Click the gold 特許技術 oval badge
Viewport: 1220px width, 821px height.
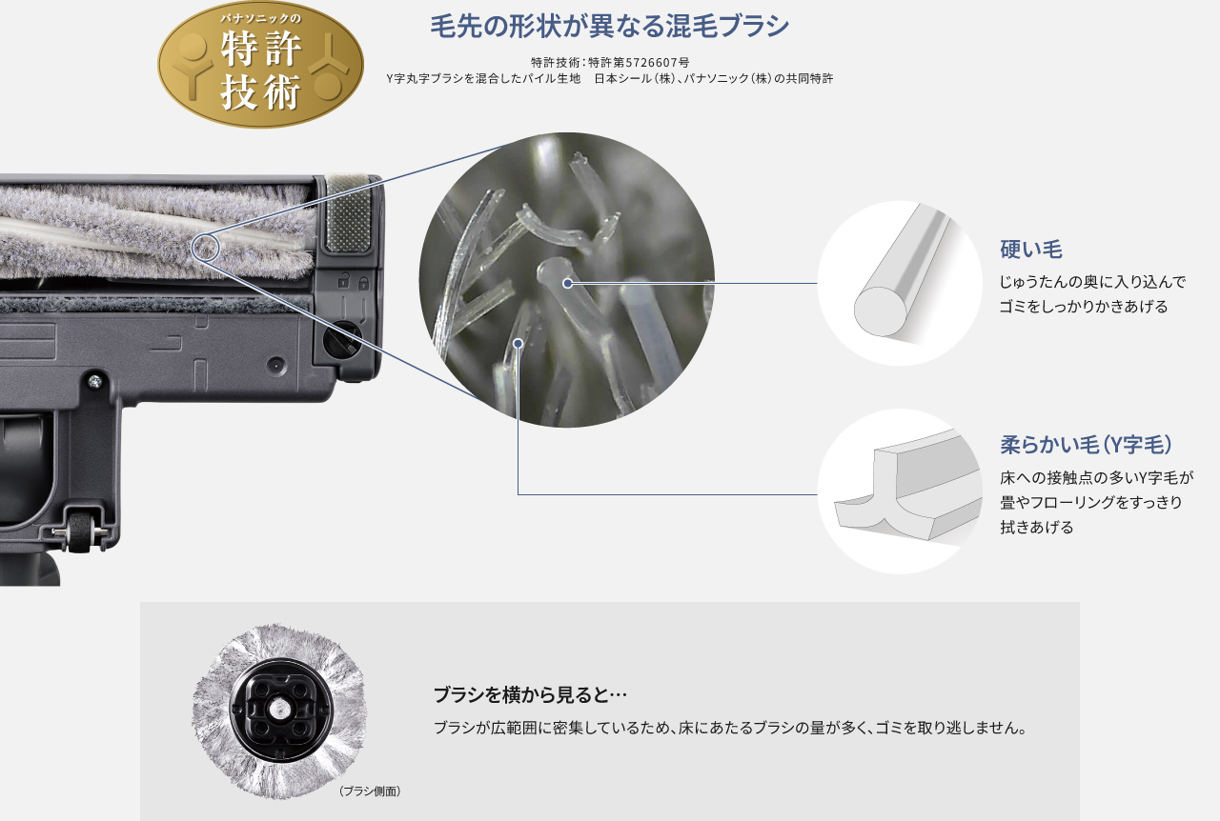260,65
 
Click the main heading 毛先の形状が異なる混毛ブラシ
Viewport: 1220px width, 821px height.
609,27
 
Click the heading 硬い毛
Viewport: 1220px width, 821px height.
1030,250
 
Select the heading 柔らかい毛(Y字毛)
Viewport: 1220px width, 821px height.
1086,445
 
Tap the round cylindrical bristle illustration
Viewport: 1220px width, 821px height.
900,283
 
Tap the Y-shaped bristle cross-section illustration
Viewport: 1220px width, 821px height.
900,491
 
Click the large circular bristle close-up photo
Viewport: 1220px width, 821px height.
566,279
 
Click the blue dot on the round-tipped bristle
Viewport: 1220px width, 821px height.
567,283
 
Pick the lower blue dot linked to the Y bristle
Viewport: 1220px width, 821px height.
518,342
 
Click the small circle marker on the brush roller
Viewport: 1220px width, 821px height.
206,248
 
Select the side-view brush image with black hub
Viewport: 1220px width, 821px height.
279,711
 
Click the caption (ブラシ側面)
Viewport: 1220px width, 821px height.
370,791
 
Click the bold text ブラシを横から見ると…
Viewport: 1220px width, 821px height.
530,694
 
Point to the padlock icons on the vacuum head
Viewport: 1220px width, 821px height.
353,283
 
